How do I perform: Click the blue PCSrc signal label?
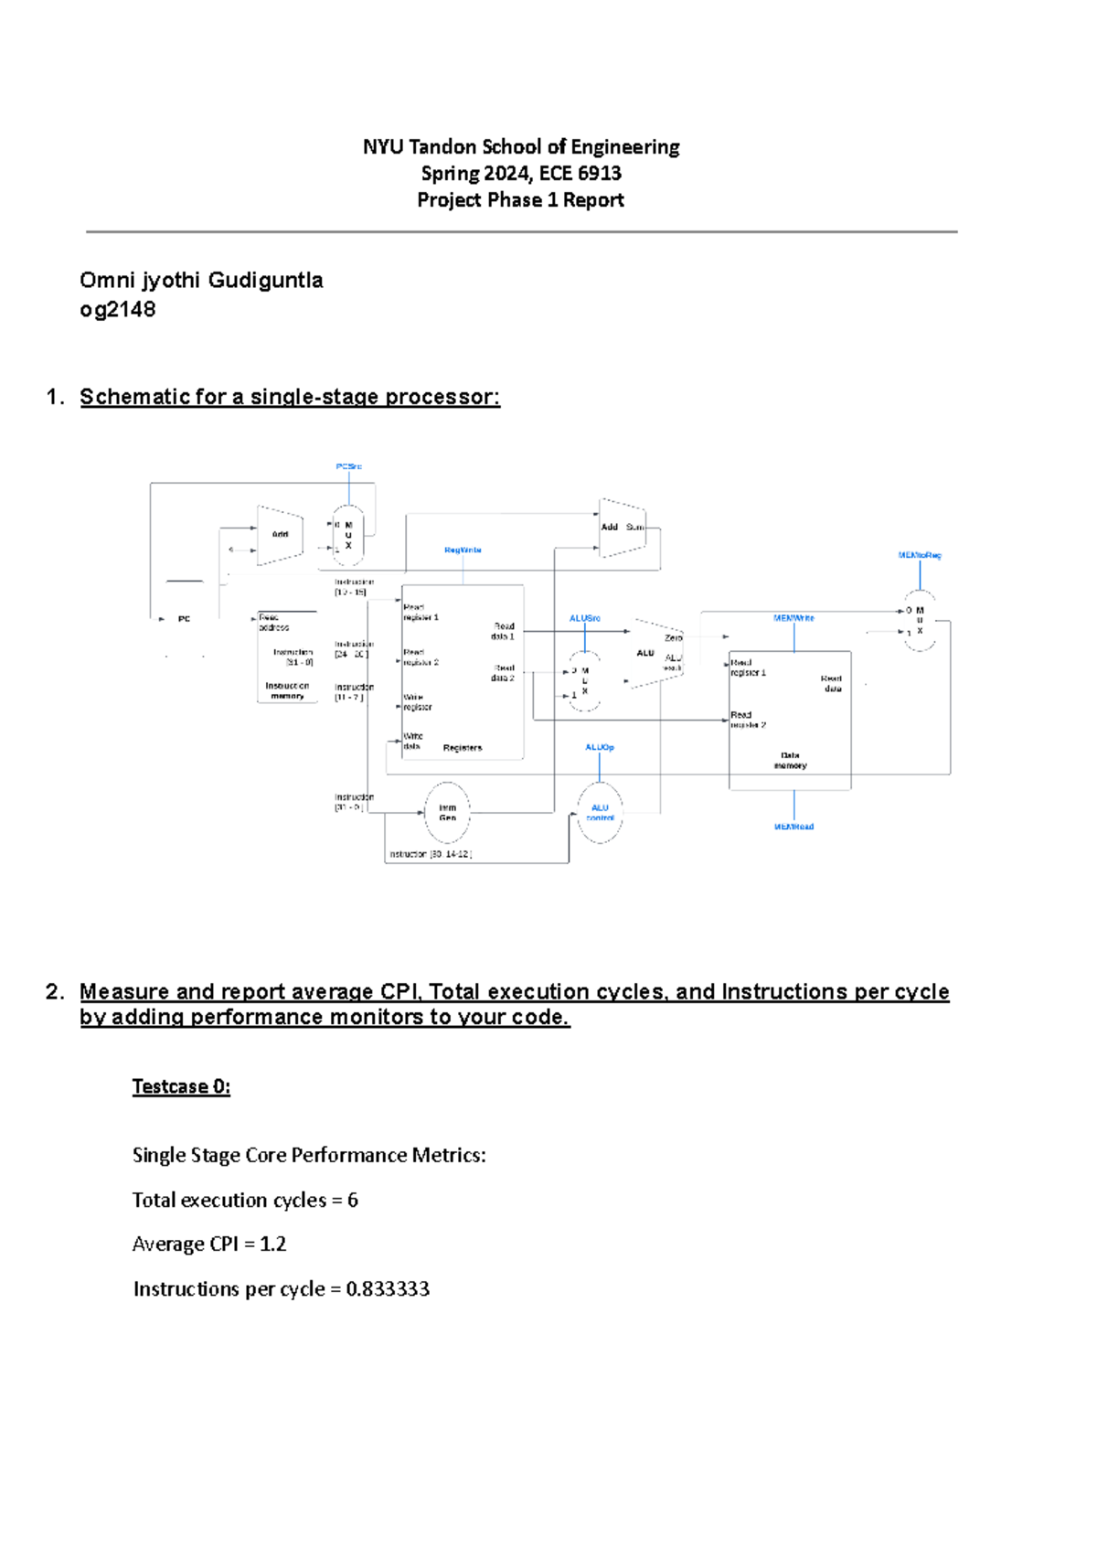tap(348, 466)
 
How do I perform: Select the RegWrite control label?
tap(463, 550)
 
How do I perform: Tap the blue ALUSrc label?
tap(585, 619)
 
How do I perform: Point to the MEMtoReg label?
tap(919, 555)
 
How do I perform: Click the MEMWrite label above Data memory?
tap(793, 618)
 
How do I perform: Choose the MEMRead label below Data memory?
tap(793, 827)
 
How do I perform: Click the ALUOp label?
tap(600, 747)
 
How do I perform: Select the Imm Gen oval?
tap(447, 812)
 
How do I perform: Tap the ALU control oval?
tap(600, 812)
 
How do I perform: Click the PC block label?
tap(184, 619)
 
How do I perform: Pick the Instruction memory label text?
tap(287, 690)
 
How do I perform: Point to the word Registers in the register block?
tap(463, 748)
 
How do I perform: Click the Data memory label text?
tap(790, 761)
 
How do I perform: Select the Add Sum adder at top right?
tap(623, 528)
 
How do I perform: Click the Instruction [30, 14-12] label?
tap(431, 854)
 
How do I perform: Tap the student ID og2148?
tap(118, 309)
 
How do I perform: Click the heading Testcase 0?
tap(181, 1086)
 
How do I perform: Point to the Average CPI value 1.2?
tap(272, 1244)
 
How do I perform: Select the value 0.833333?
tap(388, 1288)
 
